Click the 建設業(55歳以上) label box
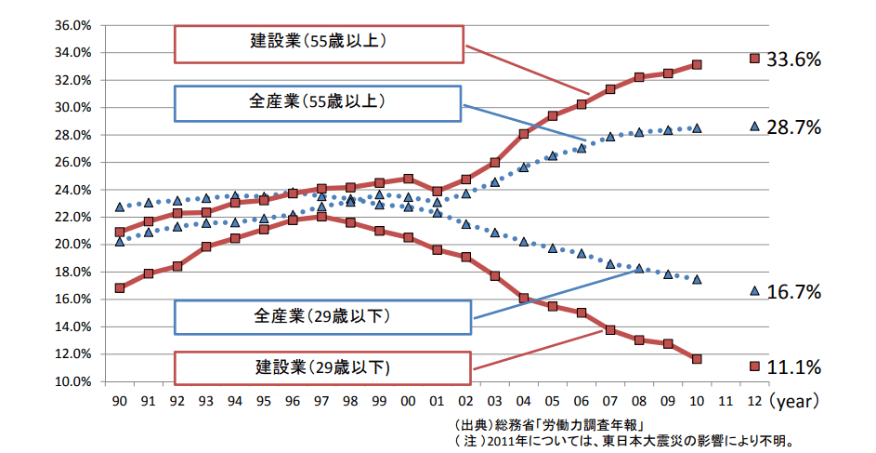click(319, 43)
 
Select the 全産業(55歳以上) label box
click(318, 103)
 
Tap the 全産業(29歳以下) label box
click(322, 316)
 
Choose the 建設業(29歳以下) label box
click(322, 366)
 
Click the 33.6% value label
click(793, 60)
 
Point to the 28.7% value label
click(793, 127)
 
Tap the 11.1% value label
click(793, 367)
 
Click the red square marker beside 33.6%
click(754, 59)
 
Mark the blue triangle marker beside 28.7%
click(754, 126)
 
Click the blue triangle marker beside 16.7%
click(754, 290)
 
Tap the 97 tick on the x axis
click(321, 402)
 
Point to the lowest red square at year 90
click(120, 288)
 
